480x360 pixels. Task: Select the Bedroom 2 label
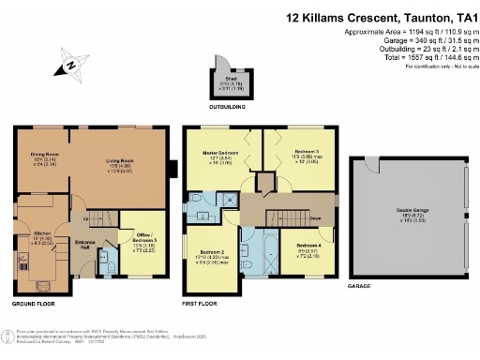tap(212, 253)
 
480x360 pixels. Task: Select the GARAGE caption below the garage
tap(359, 285)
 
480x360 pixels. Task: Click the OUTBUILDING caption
tap(227, 108)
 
